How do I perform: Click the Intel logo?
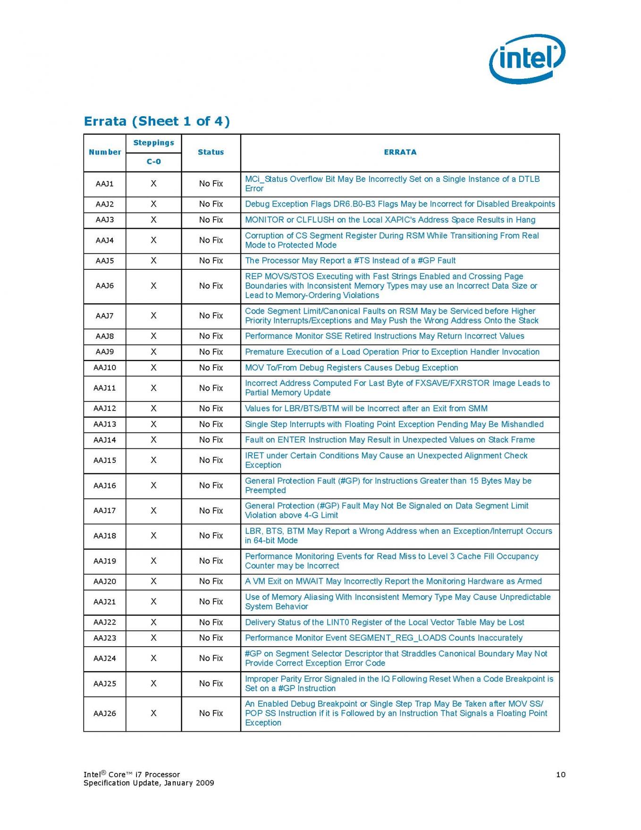tap(527, 59)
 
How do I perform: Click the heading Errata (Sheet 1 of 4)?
tap(157, 121)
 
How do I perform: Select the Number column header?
tap(105, 152)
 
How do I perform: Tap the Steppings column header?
tap(153, 143)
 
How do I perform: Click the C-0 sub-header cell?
tap(153, 162)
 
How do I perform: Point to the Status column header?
tap(211, 152)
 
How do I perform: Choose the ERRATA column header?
tap(400, 152)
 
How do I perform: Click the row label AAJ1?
tap(105, 184)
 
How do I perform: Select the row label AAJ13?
tap(105, 424)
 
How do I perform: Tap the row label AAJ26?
tap(105, 713)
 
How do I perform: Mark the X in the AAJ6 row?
tap(153, 286)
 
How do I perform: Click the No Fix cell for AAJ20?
tap(211, 582)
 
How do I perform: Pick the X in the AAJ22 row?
tap(153, 623)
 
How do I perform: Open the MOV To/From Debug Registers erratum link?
tap(351, 368)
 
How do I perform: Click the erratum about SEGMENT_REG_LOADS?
tap(383, 638)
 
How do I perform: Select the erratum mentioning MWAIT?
tap(393, 582)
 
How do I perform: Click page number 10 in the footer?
tap(560, 774)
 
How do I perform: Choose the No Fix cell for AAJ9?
tap(211, 352)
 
